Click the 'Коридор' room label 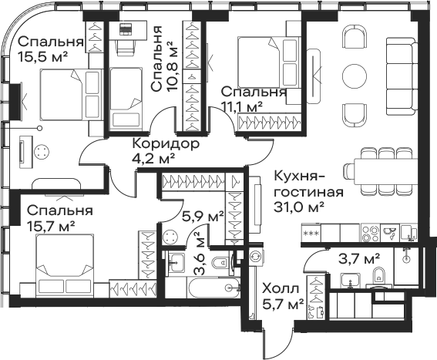[x=166, y=144]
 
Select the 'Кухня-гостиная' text [x=309, y=184]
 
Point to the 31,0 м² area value [x=299, y=207]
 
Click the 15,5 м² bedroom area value [x=43, y=57]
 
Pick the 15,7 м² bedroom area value [x=51, y=226]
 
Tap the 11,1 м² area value [x=242, y=106]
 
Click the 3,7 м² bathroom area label [x=359, y=258]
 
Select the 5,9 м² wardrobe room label [x=203, y=216]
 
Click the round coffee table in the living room [x=355, y=76]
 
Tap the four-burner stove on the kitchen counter [x=370, y=233]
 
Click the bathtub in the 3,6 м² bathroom [x=214, y=288]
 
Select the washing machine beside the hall [x=255, y=256]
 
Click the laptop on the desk [x=125, y=29]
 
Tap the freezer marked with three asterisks [x=311, y=233]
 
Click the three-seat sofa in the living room [x=401, y=76]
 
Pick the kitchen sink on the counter [x=390, y=233]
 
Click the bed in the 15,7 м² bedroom [x=65, y=267]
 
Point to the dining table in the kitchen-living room [x=385, y=171]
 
